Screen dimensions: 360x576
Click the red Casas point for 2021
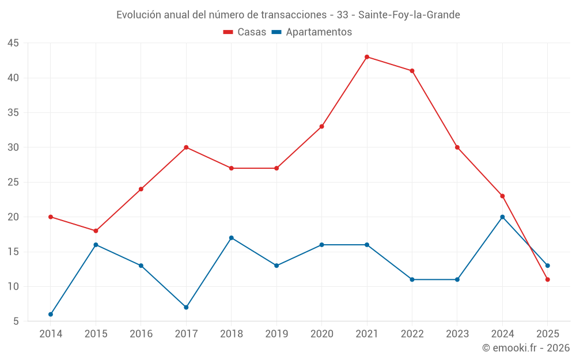[367, 57]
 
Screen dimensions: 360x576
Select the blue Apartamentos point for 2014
[51, 314]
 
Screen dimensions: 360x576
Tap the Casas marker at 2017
[186, 147]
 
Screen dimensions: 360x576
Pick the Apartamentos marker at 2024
[502, 217]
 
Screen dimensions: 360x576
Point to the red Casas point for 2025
[548, 279]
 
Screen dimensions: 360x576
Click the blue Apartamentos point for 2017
[186, 308]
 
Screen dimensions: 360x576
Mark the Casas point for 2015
[96, 231]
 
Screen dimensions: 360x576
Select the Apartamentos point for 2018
[232, 238]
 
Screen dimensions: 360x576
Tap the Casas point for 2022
[412, 71]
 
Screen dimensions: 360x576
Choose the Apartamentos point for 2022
[412, 279]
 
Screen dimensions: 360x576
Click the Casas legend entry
[245, 32]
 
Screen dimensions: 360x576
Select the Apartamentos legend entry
[312, 32]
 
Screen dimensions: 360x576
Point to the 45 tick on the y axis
[13, 43]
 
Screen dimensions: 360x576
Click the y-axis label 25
[13, 183]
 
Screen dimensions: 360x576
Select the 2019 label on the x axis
[276, 334]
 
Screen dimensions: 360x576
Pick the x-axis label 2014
[51, 334]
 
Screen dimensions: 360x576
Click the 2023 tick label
[457, 334]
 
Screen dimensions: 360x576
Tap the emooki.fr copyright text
[525, 348]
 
